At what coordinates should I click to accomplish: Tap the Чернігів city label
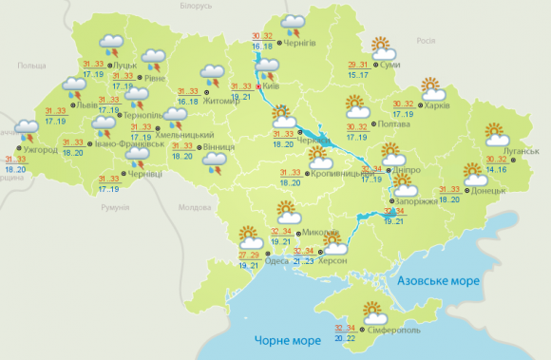321,41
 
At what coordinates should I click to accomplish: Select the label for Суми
388,66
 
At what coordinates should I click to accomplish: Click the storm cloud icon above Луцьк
113,44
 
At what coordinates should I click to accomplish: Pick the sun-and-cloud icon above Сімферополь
374,310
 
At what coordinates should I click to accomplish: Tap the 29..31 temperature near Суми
357,64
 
